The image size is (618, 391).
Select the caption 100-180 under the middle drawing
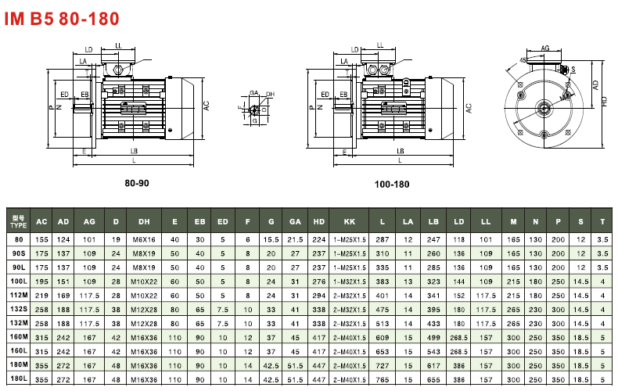[x=391, y=185]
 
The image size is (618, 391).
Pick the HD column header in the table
[x=319, y=221]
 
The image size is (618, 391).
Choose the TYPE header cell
[x=19, y=221]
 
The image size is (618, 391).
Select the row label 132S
[x=19, y=310]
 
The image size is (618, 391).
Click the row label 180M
[x=19, y=365]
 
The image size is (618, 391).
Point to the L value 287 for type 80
[x=382, y=239]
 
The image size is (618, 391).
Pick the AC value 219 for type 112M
[x=41, y=296]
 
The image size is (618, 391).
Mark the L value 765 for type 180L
[x=382, y=379]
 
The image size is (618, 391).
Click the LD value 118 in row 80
[x=461, y=239]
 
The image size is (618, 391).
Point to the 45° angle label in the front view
[x=523, y=60]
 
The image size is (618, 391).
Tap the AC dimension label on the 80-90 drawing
[x=207, y=106]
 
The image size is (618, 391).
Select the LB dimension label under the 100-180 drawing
[x=400, y=150]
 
